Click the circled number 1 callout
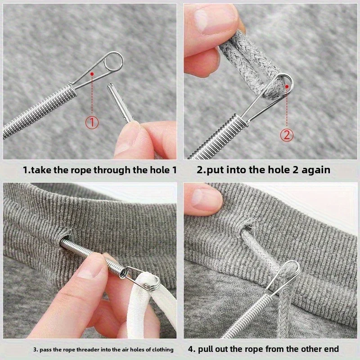pos(92,122)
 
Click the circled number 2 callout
pos(287,134)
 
